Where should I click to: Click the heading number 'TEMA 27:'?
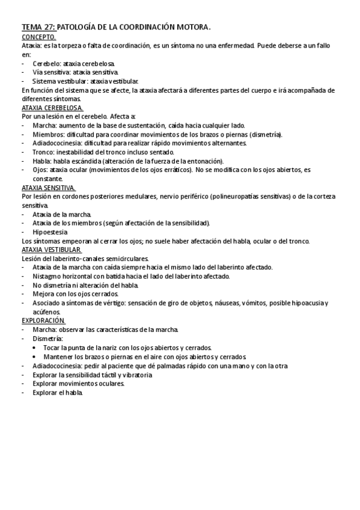coord(38,27)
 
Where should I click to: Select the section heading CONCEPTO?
coord(38,37)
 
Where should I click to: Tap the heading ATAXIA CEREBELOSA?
coord(52,108)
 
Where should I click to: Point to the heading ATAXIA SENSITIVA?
coord(48,188)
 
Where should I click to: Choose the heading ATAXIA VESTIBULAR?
coord(51,250)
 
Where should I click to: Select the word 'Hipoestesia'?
coord(50,232)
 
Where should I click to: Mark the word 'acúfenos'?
coord(47,313)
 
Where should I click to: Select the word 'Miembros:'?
coord(49,135)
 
